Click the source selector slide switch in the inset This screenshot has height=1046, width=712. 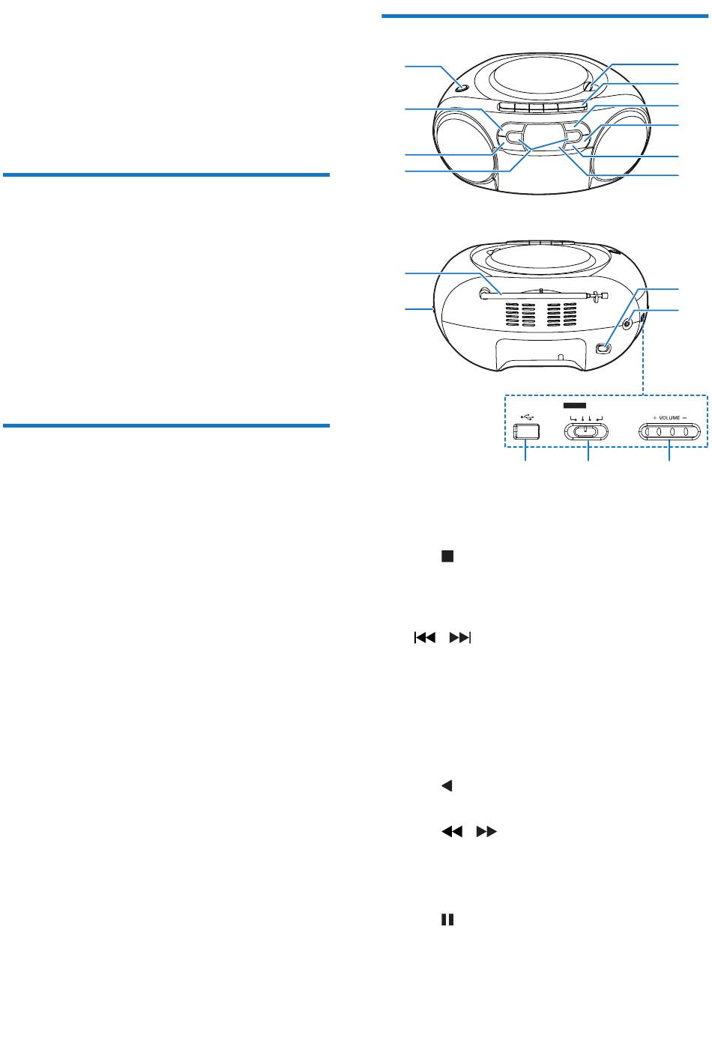(x=586, y=431)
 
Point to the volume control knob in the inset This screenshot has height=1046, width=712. (x=671, y=432)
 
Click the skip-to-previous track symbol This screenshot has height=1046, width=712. (x=423, y=638)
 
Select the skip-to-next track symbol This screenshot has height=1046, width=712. (x=459, y=638)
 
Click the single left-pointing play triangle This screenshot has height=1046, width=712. (x=447, y=786)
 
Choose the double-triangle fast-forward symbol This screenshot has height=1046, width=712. (x=486, y=831)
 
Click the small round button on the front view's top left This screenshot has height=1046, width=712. (x=460, y=89)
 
